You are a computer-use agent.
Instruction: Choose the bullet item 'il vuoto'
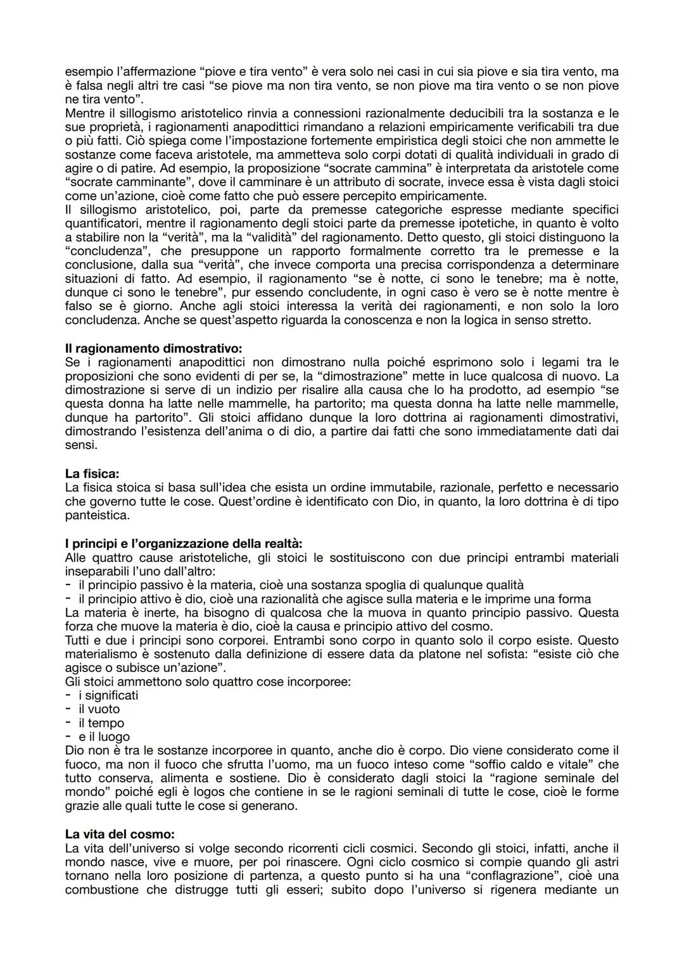[x=99, y=709]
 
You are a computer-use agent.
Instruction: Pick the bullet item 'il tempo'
[x=101, y=723]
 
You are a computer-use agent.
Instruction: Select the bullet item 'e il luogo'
[x=104, y=737]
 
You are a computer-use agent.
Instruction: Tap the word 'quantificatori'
[x=104, y=223]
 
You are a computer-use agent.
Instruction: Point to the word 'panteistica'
[x=97, y=515]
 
